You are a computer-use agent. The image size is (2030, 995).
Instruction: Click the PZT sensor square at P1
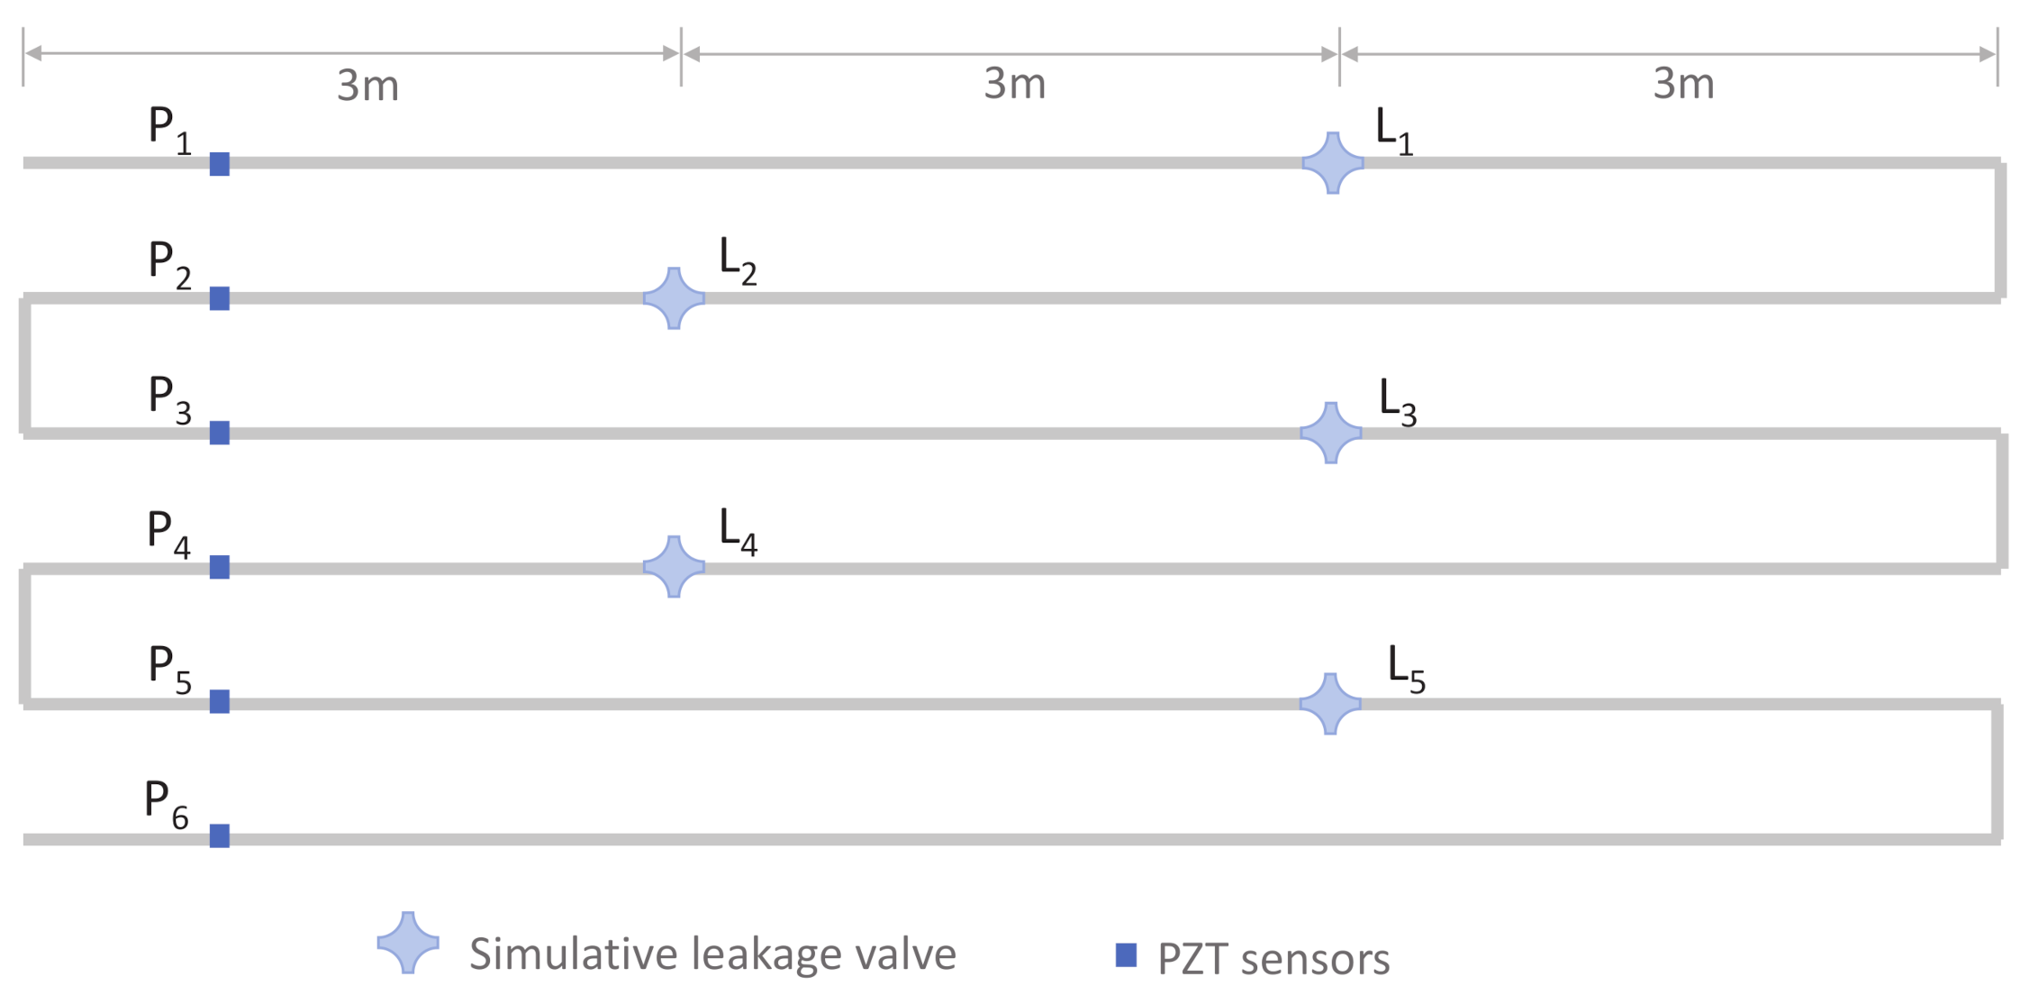pyautogui.click(x=219, y=164)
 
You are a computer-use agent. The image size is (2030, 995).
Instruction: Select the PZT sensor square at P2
pyautogui.click(x=219, y=298)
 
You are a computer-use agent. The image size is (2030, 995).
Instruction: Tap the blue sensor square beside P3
pyautogui.click(x=219, y=433)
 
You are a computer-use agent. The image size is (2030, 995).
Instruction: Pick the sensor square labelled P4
pyautogui.click(x=219, y=567)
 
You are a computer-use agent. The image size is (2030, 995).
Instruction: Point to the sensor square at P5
pyautogui.click(x=219, y=701)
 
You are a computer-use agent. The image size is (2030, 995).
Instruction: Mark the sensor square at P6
pyautogui.click(x=219, y=835)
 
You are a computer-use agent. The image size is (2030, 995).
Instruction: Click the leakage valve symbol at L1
pyautogui.click(x=1333, y=163)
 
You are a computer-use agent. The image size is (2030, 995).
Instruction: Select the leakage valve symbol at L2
pyautogui.click(x=674, y=298)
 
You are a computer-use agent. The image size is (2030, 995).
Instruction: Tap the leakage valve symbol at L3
pyautogui.click(x=1330, y=433)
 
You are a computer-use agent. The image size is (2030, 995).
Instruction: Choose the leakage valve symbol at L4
pyautogui.click(x=674, y=567)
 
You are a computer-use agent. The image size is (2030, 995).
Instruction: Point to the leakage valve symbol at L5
pyautogui.click(x=1330, y=703)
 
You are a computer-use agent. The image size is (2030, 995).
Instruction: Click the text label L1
pyautogui.click(x=1393, y=132)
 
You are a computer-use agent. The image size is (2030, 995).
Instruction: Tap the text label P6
pyautogui.click(x=167, y=804)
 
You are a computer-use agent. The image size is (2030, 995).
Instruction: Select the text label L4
pyautogui.click(x=738, y=532)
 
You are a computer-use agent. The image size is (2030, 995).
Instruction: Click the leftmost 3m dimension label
pyautogui.click(x=367, y=86)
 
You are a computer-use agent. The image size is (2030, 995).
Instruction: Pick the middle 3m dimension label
pyautogui.click(x=1014, y=84)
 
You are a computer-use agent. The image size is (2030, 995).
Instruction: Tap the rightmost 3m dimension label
pyautogui.click(x=1682, y=84)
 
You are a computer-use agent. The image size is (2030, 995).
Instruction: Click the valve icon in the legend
pyautogui.click(x=408, y=943)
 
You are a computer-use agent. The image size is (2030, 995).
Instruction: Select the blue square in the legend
pyautogui.click(x=1126, y=954)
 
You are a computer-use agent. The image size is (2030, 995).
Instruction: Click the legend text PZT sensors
pyautogui.click(x=1273, y=959)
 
